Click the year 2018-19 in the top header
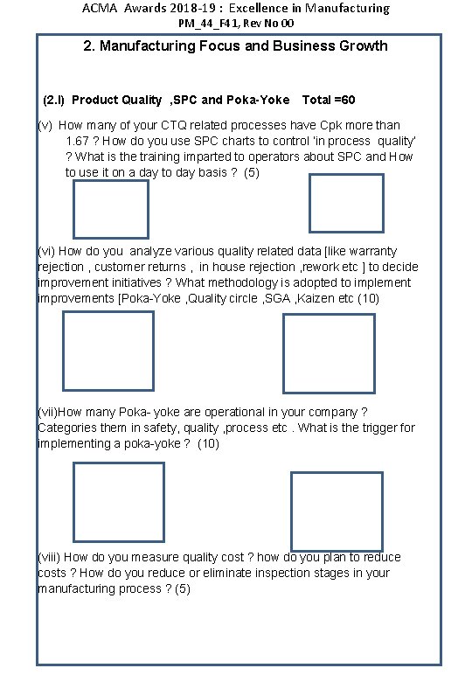pyautogui.click(x=191, y=8)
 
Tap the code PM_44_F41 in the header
pyautogui.click(x=208, y=23)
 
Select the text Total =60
pyautogui.click(x=329, y=100)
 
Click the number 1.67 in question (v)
pyautogui.click(x=78, y=141)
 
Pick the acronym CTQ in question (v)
pyautogui.click(x=173, y=125)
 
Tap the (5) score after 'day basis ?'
pyautogui.click(x=252, y=172)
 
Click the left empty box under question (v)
pyautogui.click(x=73, y=210)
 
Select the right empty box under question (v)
pyautogui.click(x=309, y=203)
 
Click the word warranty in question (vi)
pyautogui.click(x=373, y=252)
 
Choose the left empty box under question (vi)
pyautogui.click(x=63, y=351)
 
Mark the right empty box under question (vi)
pyautogui.click(x=283, y=353)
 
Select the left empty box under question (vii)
pyautogui.click(x=73, y=502)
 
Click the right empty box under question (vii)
pyautogui.click(x=291, y=511)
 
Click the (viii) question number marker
pyautogui.click(x=49, y=557)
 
